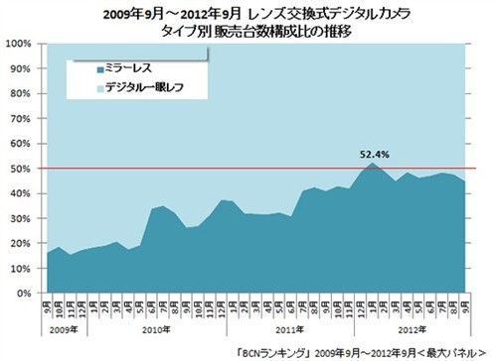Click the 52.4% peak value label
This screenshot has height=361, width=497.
pos(374,155)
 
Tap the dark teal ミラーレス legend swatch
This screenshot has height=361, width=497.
pos(99,70)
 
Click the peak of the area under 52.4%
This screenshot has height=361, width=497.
pos(372,164)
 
